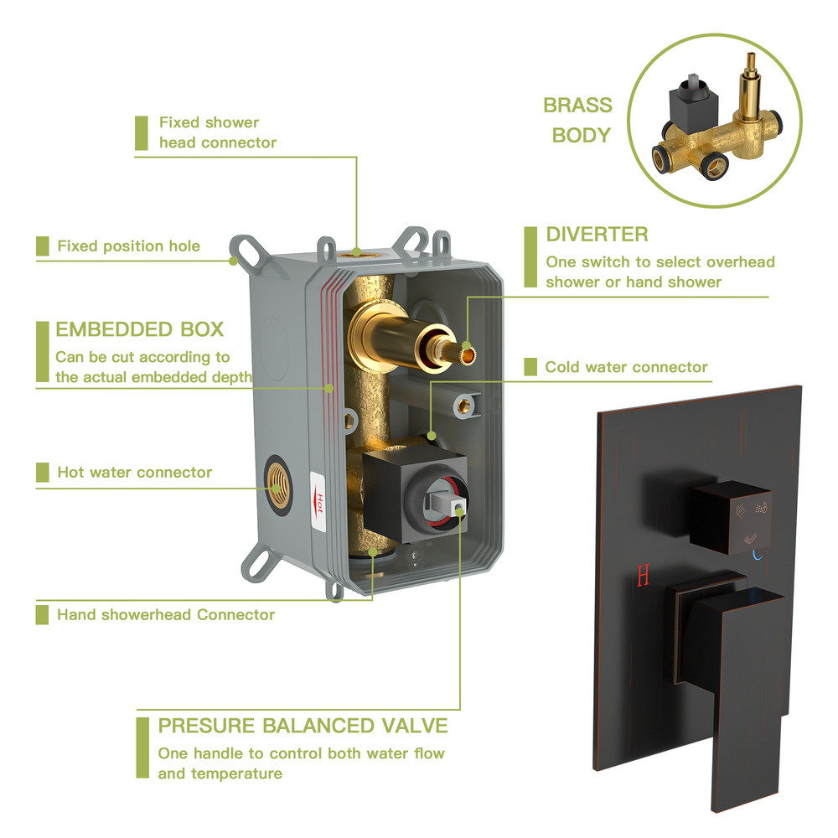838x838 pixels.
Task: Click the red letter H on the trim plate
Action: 644,576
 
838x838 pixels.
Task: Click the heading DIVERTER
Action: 597,234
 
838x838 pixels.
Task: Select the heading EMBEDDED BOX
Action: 140,328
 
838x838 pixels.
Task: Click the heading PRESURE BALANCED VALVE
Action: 303,725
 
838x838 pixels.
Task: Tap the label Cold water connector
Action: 626,367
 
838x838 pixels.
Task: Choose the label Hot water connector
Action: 134,473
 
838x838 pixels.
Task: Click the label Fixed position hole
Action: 128,246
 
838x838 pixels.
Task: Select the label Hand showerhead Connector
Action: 165,615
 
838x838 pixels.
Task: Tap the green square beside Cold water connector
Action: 530,367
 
